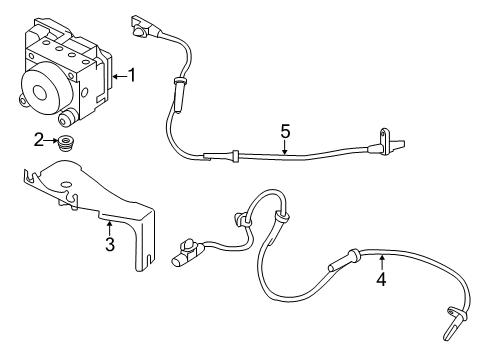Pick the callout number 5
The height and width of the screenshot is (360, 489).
285,130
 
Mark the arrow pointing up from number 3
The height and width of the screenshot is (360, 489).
110,228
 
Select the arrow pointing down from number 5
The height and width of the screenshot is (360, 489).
285,148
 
